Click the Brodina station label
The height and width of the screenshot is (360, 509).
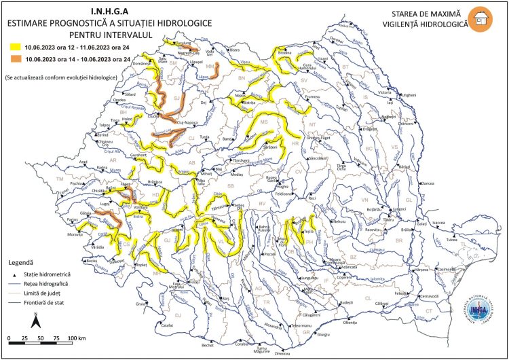[x=285, y=52]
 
